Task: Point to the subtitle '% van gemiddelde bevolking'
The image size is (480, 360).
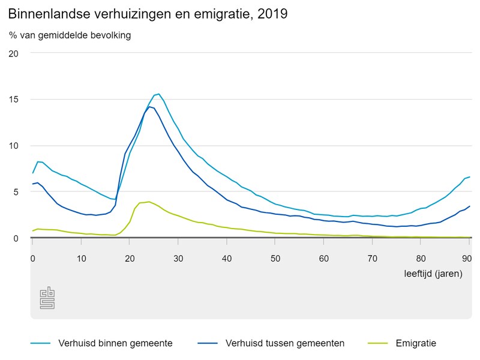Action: [70, 35]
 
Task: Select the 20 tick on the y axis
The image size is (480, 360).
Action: [14, 53]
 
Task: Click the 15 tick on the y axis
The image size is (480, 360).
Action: [14, 99]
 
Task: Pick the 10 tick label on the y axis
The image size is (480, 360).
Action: [14, 145]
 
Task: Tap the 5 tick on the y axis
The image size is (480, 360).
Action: [16, 191]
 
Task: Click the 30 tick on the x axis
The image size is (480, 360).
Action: [178, 258]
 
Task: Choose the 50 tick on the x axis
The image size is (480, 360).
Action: [275, 258]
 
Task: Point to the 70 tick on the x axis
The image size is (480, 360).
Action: [373, 258]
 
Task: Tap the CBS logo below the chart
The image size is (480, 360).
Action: [47, 298]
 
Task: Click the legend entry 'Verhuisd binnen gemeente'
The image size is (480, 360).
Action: [115, 343]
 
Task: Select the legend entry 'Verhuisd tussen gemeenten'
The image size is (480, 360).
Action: [284, 343]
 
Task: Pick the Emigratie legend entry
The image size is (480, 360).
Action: [415, 343]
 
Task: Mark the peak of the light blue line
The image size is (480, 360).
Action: [158, 94]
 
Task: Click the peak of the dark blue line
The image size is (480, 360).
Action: [149, 107]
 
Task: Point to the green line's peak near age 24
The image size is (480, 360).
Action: [149, 202]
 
